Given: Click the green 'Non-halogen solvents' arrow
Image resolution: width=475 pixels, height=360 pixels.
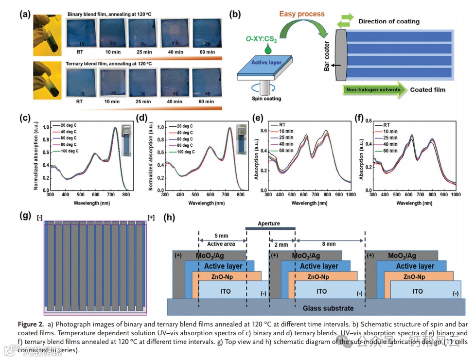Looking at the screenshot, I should pos(372,89).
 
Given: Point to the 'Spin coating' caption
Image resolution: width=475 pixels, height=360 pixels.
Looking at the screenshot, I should pos(266,99).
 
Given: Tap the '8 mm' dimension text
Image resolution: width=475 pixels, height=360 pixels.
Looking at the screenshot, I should pos(329,244).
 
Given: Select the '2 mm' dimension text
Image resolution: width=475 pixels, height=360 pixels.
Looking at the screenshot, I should pos(281,244).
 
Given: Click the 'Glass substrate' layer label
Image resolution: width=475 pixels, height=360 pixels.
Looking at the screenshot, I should pos(328,308).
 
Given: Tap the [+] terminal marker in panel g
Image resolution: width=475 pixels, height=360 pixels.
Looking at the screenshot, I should pos(151,218).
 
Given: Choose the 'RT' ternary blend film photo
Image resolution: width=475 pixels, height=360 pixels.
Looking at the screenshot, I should pos(81,83).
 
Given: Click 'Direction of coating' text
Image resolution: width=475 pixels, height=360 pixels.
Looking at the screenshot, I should pos(389,21).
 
